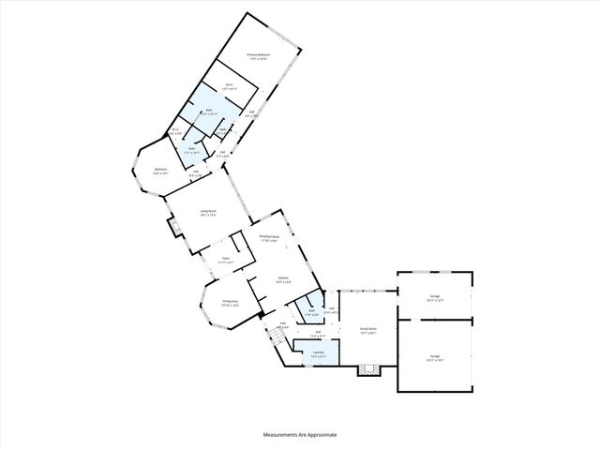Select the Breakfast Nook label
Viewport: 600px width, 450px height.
point(269,239)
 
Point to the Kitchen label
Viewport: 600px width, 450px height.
point(283,278)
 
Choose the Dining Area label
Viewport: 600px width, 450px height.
point(230,303)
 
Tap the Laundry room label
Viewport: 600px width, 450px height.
point(318,354)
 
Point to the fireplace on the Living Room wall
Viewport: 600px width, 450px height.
point(172,225)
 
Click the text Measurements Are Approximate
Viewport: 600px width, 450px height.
point(299,435)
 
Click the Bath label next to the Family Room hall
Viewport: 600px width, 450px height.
point(310,312)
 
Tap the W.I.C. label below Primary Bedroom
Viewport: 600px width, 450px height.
point(229,86)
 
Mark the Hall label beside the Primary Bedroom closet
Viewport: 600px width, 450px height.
point(253,114)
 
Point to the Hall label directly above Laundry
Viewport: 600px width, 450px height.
point(318,333)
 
